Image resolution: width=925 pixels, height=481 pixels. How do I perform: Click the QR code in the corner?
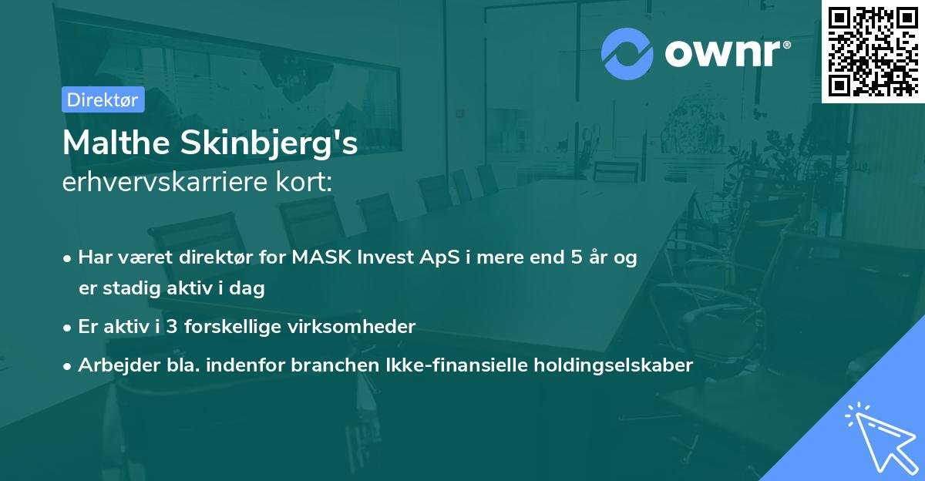[x=873, y=51]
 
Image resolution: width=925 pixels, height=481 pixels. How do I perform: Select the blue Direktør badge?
[x=103, y=99]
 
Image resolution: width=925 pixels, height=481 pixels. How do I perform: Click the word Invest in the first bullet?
[x=380, y=258]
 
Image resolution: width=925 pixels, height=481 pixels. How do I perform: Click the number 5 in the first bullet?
[x=576, y=258]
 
